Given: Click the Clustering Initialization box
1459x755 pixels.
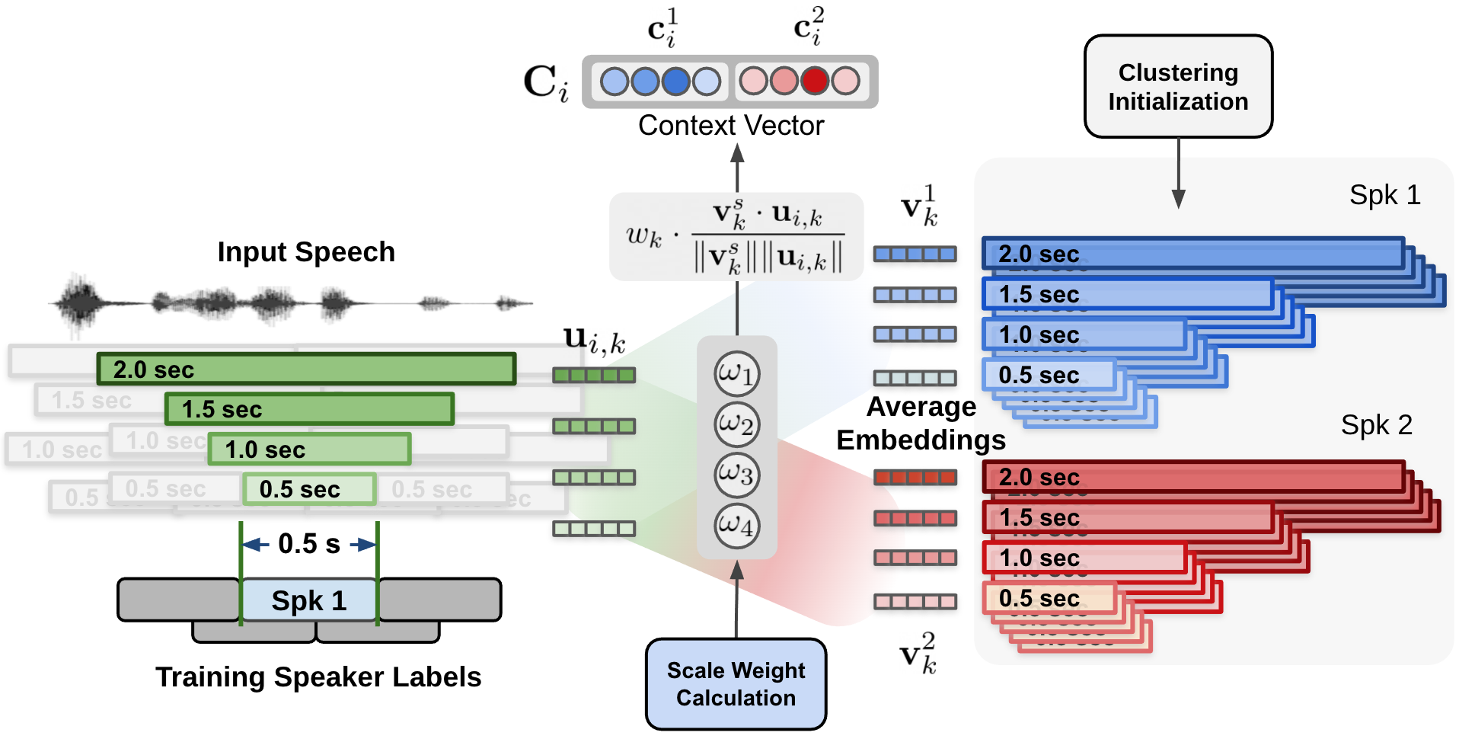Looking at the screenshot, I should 1177,86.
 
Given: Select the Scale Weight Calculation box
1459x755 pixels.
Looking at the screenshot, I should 736,683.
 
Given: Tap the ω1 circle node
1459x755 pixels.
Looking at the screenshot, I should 736,373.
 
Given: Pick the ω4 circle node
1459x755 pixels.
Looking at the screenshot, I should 736,525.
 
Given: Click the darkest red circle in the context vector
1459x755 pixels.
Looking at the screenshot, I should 814,81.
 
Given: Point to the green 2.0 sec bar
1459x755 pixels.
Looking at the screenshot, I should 306,370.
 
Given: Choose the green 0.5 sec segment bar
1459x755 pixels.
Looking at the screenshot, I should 309,489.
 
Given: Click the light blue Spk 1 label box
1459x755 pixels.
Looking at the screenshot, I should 309,600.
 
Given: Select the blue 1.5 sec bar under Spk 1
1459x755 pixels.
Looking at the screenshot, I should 1127,294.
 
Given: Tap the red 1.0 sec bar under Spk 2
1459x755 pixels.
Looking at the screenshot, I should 1084,558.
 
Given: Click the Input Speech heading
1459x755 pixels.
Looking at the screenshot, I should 306,252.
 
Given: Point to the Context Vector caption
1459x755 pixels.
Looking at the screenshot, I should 730,126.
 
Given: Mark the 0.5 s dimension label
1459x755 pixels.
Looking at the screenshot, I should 308,544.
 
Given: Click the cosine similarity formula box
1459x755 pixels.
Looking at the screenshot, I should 736,236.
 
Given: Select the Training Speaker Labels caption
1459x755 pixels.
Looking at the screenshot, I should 318,677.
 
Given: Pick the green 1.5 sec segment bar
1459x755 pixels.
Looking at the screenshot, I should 309,409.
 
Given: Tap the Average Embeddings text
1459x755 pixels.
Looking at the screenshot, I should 921,424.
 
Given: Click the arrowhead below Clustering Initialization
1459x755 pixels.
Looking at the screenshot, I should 1178,199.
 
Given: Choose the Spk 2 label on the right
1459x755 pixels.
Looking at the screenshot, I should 1376,425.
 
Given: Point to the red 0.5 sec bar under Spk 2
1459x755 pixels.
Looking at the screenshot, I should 1049,598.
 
